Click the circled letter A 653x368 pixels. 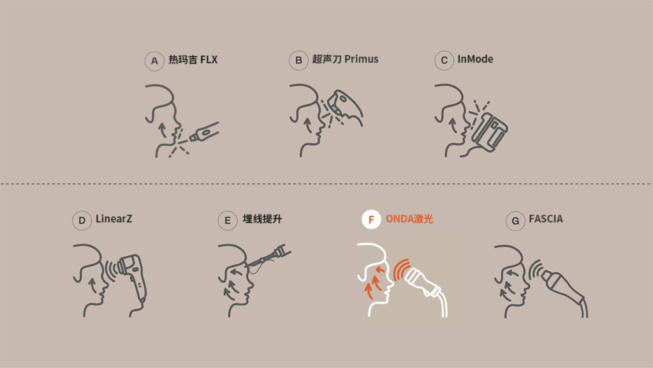[x=154, y=61]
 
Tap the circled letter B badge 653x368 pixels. [x=298, y=61]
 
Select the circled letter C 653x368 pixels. [x=444, y=61]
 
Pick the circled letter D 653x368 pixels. [x=82, y=220]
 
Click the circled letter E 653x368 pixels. [x=228, y=220]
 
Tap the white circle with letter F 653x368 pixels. [x=371, y=220]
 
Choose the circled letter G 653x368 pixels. [x=515, y=220]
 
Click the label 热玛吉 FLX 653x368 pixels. [x=193, y=59]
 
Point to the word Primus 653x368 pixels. [x=361, y=59]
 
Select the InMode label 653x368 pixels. [x=475, y=59]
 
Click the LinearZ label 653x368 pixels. [x=114, y=218]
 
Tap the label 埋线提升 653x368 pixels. [x=262, y=219]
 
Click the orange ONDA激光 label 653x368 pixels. [x=409, y=219]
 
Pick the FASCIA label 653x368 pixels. [x=546, y=218]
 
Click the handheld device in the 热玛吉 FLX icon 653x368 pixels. [x=203, y=132]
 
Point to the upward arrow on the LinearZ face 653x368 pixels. [x=92, y=286]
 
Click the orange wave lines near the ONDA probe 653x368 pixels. [x=400, y=270]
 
